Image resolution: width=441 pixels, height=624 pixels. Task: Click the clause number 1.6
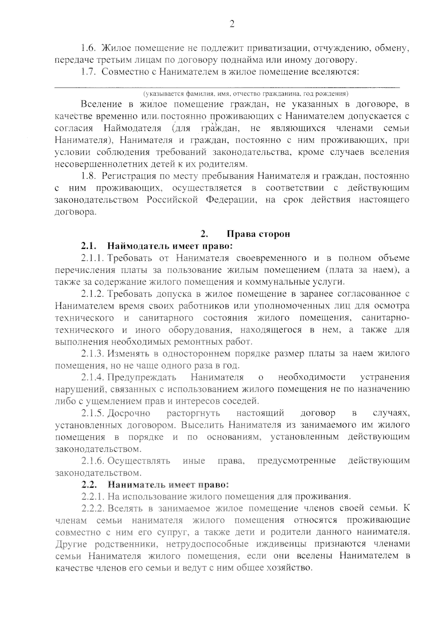pos(88,48)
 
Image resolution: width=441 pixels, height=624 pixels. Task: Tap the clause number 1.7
pos(88,72)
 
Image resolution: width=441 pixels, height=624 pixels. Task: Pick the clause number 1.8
pos(88,176)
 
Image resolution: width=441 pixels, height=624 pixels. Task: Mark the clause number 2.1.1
pos(93,258)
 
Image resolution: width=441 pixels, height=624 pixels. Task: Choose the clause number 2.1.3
pos(93,354)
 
